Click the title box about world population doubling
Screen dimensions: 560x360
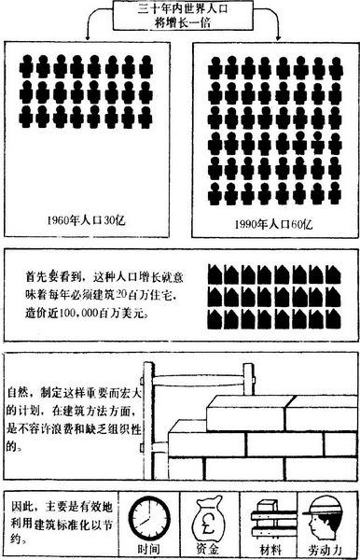[x=181, y=16]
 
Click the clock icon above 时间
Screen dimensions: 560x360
[x=145, y=514]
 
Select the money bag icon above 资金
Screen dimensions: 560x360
[x=209, y=513]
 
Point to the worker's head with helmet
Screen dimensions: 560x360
[x=324, y=511]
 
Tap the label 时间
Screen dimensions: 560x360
[x=146, y=548]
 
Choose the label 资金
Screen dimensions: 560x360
[x=208, y=548]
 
